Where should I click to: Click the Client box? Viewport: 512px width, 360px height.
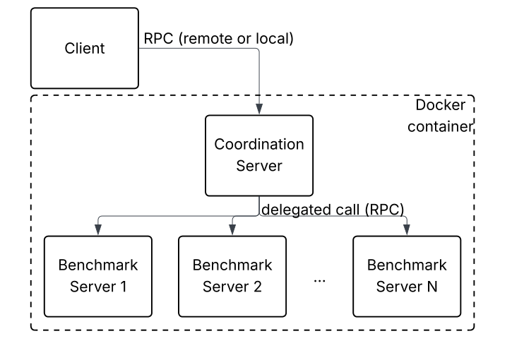pos(84,49)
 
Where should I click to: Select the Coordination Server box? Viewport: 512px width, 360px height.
pos(259,155)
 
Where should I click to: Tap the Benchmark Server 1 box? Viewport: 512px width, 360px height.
pos(98,276)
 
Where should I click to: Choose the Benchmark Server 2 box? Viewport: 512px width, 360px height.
pos(232,276)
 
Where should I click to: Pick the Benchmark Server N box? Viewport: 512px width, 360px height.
pos(407,276)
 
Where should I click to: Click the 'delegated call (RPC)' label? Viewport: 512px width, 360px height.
pos(332,209)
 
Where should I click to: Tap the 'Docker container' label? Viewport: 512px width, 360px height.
pos(442,116)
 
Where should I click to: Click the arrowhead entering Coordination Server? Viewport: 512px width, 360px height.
pos(259,109)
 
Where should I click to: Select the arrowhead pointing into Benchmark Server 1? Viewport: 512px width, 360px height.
pos(98,229)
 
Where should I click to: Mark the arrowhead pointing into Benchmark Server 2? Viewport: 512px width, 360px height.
pos(232,229)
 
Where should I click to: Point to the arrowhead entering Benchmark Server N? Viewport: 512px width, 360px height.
pos(407,229)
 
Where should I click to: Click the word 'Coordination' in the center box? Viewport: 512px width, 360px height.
pos(259,145)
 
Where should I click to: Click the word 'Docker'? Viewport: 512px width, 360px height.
pos(441,106)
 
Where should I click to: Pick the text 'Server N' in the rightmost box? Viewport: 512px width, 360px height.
pos(407,287)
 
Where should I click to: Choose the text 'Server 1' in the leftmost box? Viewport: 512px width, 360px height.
pos(98,287)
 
